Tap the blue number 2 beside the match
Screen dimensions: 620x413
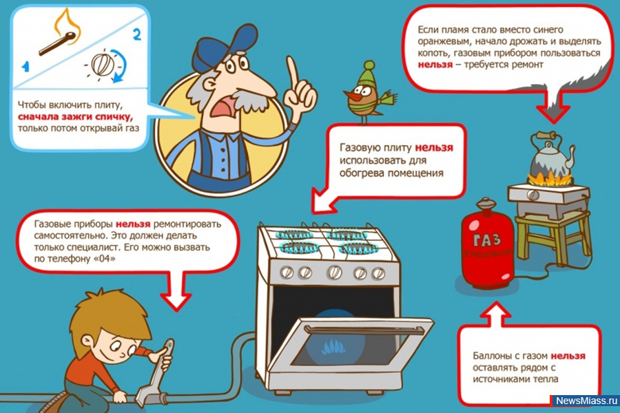click(x=137, y=34)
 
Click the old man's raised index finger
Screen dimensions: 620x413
click(x=293, y=72)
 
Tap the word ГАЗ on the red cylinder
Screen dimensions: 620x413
click(x=487, y=240)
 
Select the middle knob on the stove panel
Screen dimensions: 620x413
click(x=335, y=273)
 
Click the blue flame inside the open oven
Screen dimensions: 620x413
click(x=334, y=347)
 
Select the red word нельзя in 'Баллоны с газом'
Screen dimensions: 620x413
click(x=568, y=356)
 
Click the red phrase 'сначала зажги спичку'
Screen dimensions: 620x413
click(x=76, y=116)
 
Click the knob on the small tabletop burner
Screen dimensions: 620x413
click(x=533, y=195)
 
